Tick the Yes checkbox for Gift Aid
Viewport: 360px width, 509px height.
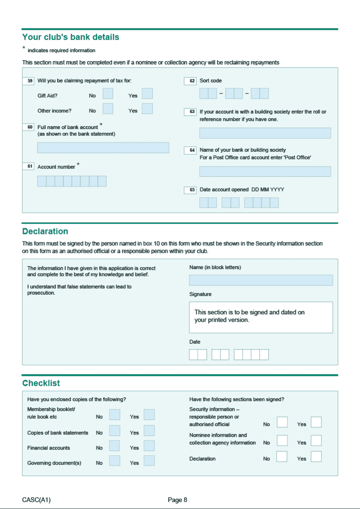[x=147, y=94]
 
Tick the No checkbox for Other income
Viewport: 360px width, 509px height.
[x=108, y=109]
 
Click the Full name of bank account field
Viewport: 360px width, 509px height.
[x=103, y=148]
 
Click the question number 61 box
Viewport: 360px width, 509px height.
[x=28, y=166]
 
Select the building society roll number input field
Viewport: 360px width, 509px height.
[x=265, y=133]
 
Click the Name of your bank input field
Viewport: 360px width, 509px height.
[x=265, y=171]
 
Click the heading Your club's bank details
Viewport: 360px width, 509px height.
[x=70, y=37]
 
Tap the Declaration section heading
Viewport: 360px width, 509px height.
[x=45, y=231]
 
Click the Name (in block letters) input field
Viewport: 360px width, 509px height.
[x=261, y=280]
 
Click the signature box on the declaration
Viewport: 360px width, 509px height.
[x=261, y=317]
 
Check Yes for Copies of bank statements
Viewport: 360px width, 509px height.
[x=149, y=431]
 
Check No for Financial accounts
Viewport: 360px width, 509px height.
[x=114, y=446]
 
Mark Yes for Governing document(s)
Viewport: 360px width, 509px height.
[x=149, y=461]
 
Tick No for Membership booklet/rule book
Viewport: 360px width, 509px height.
[x=114, y=415]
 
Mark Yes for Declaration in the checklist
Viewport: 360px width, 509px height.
[x=316, y=456]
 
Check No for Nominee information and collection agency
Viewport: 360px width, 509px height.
[x=282, y=440]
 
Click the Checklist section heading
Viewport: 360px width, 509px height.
[x=41, y=383]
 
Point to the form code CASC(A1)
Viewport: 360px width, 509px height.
[x=36, y=500]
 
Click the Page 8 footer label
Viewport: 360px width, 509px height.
[x=177, y=500]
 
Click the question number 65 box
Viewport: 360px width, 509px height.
[x=190, y=190]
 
